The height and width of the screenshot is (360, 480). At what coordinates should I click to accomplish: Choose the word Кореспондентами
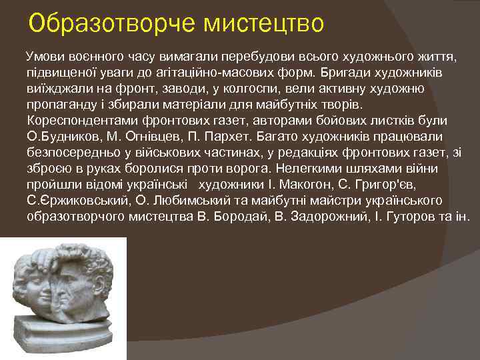pyautogui.click(x=75, y=121)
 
